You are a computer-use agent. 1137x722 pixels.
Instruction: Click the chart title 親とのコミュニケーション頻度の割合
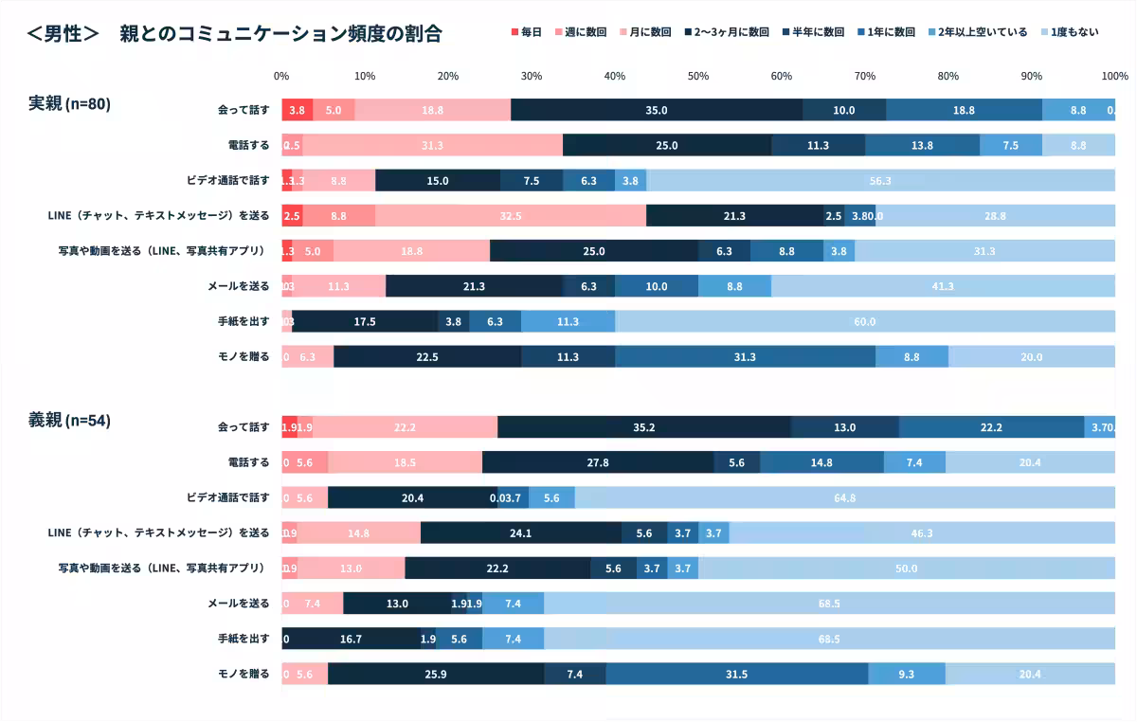280,34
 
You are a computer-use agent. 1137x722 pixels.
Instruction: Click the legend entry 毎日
527,32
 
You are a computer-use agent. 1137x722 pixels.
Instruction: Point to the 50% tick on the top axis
698,76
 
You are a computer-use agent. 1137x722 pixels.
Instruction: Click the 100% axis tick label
1114,76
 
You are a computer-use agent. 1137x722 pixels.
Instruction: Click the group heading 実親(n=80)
69,104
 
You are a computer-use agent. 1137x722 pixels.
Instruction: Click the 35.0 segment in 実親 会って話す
656,110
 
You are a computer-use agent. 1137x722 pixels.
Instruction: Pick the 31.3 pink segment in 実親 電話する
432,145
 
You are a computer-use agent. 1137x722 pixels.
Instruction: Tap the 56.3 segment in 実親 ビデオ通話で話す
880,180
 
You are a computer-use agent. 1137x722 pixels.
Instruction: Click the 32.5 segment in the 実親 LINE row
511,216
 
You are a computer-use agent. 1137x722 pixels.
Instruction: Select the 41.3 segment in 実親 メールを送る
943,286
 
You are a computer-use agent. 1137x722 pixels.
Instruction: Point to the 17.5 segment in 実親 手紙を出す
365,321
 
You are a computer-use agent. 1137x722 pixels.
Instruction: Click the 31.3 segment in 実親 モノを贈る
745,357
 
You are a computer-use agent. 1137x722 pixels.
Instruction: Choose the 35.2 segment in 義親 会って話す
644,427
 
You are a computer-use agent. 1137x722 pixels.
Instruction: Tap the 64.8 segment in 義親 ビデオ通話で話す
844,498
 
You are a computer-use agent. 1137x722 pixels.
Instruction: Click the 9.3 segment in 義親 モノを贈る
906,675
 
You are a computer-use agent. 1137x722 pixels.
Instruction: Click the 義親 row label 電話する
248,462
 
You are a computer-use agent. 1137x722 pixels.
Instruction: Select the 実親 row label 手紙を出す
244,321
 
